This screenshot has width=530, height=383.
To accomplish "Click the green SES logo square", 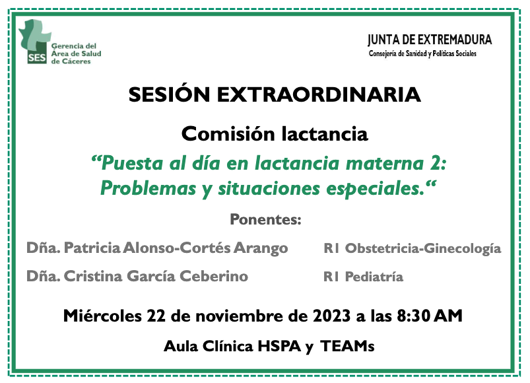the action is pos(37,57).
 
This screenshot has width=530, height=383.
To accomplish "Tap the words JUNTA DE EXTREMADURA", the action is pos(430,40).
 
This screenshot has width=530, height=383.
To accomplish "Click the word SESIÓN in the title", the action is pos(170,94).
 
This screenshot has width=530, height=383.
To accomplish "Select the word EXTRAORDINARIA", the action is pos(319,94).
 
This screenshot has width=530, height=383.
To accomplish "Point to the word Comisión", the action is pos(228,134).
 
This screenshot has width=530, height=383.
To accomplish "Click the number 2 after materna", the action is pos(436,164).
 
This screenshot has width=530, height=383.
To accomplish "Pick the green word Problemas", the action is pos(148,188).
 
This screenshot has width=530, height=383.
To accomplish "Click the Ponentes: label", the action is pos(265,220).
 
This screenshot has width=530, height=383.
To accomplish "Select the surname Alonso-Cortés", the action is pos(177,248).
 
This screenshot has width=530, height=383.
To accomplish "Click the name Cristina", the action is pos(93,276).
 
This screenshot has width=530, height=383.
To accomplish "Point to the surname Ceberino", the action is pos(214,276).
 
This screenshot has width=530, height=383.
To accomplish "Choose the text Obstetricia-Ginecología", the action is pos(423,249).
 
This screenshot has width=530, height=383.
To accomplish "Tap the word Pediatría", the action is pos(374,277).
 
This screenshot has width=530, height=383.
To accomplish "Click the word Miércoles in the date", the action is pos(102,316).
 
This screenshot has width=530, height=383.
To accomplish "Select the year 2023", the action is pos(331,316).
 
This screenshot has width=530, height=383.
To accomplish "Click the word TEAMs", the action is pos(347,347).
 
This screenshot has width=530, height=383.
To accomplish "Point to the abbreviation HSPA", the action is pos(279,347).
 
